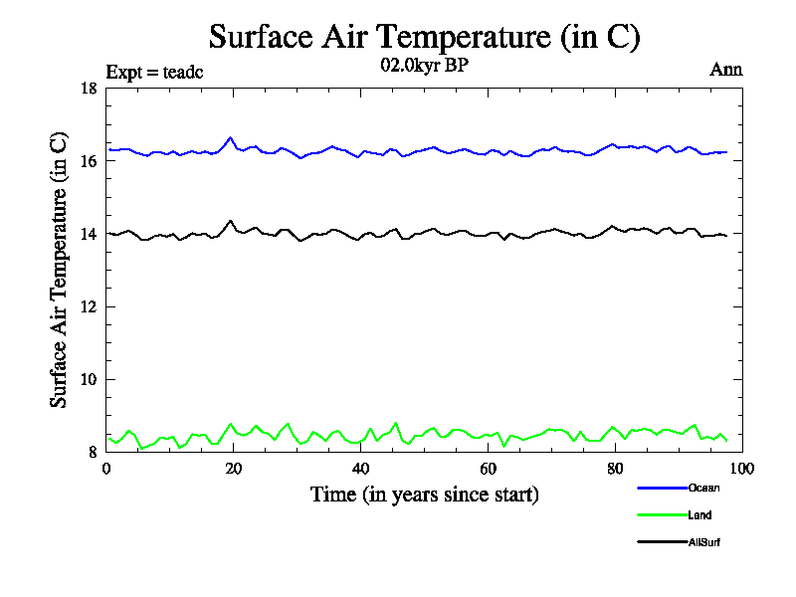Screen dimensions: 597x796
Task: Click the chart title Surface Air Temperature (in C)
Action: (424, 37)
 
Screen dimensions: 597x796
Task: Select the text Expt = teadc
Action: (154, 72)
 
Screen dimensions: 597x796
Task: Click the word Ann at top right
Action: (725, 70)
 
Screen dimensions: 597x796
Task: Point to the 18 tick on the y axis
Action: (88, 89)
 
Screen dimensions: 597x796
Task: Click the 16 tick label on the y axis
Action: (88, 161)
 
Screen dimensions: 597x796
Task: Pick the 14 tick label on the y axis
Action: (88, 234)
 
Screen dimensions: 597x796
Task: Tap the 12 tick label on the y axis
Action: (88, 306)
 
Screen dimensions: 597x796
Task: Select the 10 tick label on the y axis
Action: (88, 379)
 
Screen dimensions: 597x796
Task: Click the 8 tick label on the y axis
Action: (92, 452)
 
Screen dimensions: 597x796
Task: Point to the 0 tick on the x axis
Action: (106, 469)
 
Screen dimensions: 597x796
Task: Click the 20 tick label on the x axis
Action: (234, 469)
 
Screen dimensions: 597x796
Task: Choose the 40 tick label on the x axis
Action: (361, 469)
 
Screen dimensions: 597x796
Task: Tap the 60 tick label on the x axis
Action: (489, 469)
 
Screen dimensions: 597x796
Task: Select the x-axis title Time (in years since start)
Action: (425, 495)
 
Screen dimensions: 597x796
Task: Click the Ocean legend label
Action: (703, 488)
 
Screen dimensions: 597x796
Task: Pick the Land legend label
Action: (699, 515)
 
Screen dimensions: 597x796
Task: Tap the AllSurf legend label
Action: (703, 542)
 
